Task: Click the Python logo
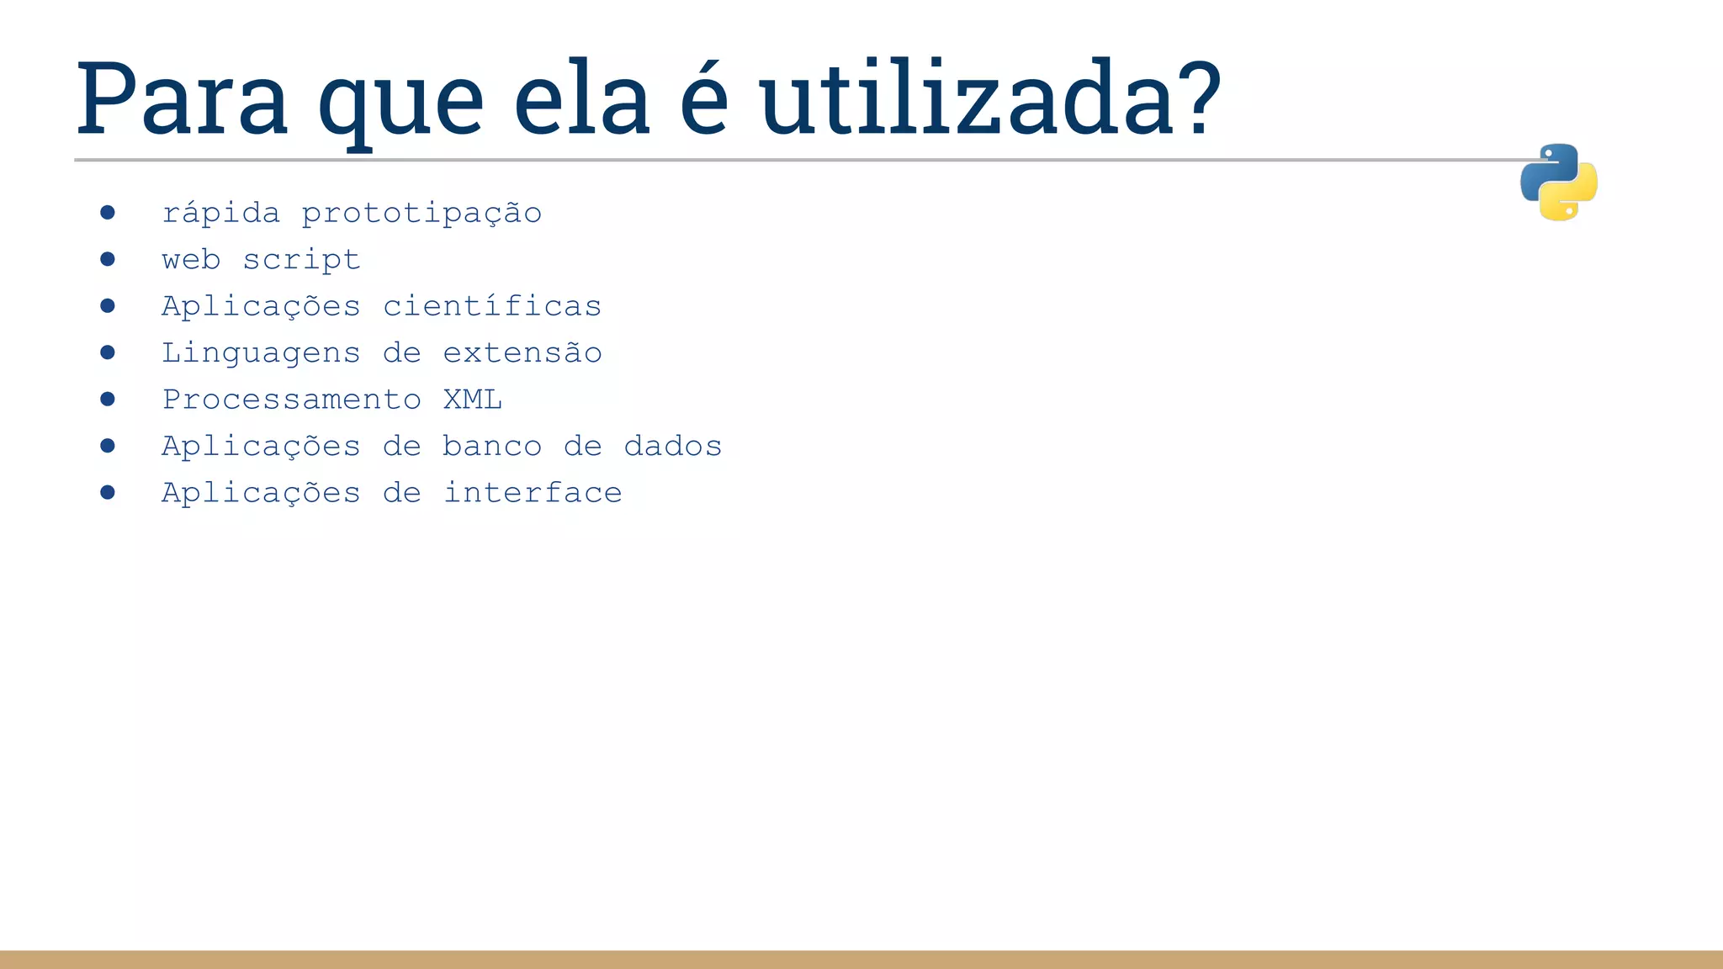(x=1558, y=182)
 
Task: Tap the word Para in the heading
(x=182, y=98)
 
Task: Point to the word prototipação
(x=421, y=214)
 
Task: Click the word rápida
(x=220, y=213)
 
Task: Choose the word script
(x=301, y=260)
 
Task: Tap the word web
(x=191, y=260)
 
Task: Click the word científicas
(x=492, y=306)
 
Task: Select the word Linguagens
(x=261, y=353)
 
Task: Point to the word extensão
(x=522, y=353)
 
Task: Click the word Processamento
(x=291, y=400)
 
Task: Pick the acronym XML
(x=473, y=400)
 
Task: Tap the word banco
(x=492, y=446)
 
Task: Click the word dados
(x=673, y=446)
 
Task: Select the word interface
(x=533, y=493)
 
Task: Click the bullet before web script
(x=108, y=259)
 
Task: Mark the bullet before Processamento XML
(x=108, y=399)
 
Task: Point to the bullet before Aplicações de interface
(x=108, y=492)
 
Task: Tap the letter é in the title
(x=703, y=98)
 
